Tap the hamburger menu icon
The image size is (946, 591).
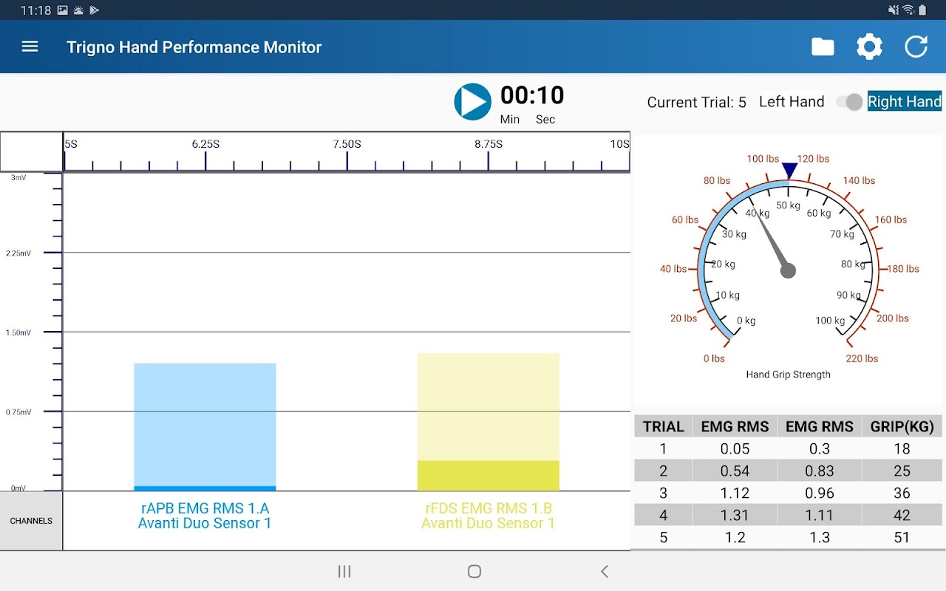coord(30,47)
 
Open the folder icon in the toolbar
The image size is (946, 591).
coord(823,47)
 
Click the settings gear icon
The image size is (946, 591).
coord(869,47)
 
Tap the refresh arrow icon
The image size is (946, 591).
coord(916,47)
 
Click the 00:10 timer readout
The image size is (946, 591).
coord(531,95)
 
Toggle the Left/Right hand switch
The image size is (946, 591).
coord(850,102)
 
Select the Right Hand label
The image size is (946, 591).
coord(904,102)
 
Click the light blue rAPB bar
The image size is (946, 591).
coord(205,424)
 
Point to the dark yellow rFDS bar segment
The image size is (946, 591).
coord(488,476)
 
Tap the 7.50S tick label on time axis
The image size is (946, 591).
coord(347,144)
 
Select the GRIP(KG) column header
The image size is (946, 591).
coord(902,426)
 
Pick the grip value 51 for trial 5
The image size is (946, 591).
coord(902,538)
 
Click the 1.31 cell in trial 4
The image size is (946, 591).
coord(735,516)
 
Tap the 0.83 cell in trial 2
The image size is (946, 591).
coord(819,471)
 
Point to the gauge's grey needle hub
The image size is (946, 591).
coord(788,270)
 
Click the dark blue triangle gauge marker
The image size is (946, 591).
coord(789,171)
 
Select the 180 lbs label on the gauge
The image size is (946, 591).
coord(903,269)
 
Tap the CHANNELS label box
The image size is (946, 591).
coord(31,521)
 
